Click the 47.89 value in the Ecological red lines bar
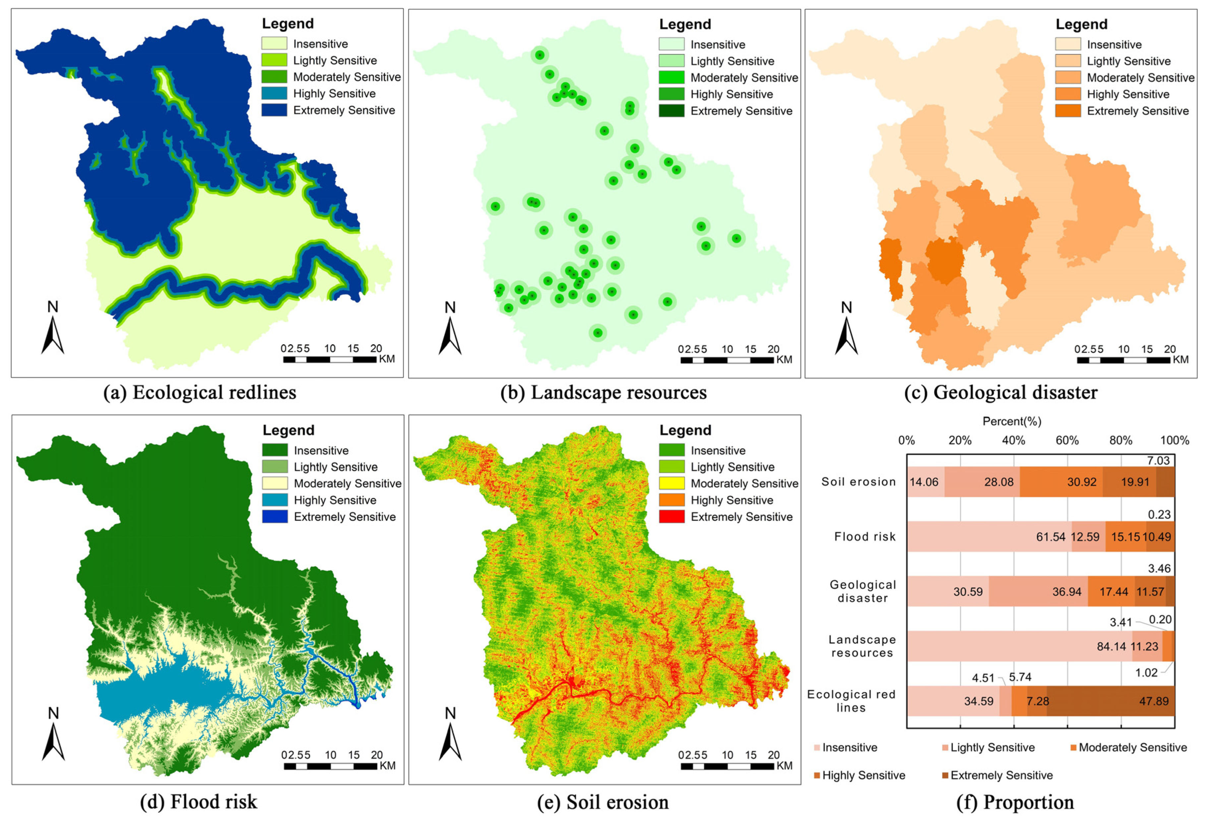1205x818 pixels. [1154, 701]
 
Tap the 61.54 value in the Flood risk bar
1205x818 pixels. [1051, 536]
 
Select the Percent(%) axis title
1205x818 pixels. [1011, 421]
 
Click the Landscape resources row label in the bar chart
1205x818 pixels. [862, 646]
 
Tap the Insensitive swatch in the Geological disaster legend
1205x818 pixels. [1067, 44]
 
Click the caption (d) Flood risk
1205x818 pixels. [199, 801]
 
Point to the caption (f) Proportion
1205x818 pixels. [1015, 801]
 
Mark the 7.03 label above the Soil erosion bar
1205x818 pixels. [1158, 460]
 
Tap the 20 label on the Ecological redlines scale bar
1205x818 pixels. [376, 348]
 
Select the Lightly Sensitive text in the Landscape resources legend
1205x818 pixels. [732, 61]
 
